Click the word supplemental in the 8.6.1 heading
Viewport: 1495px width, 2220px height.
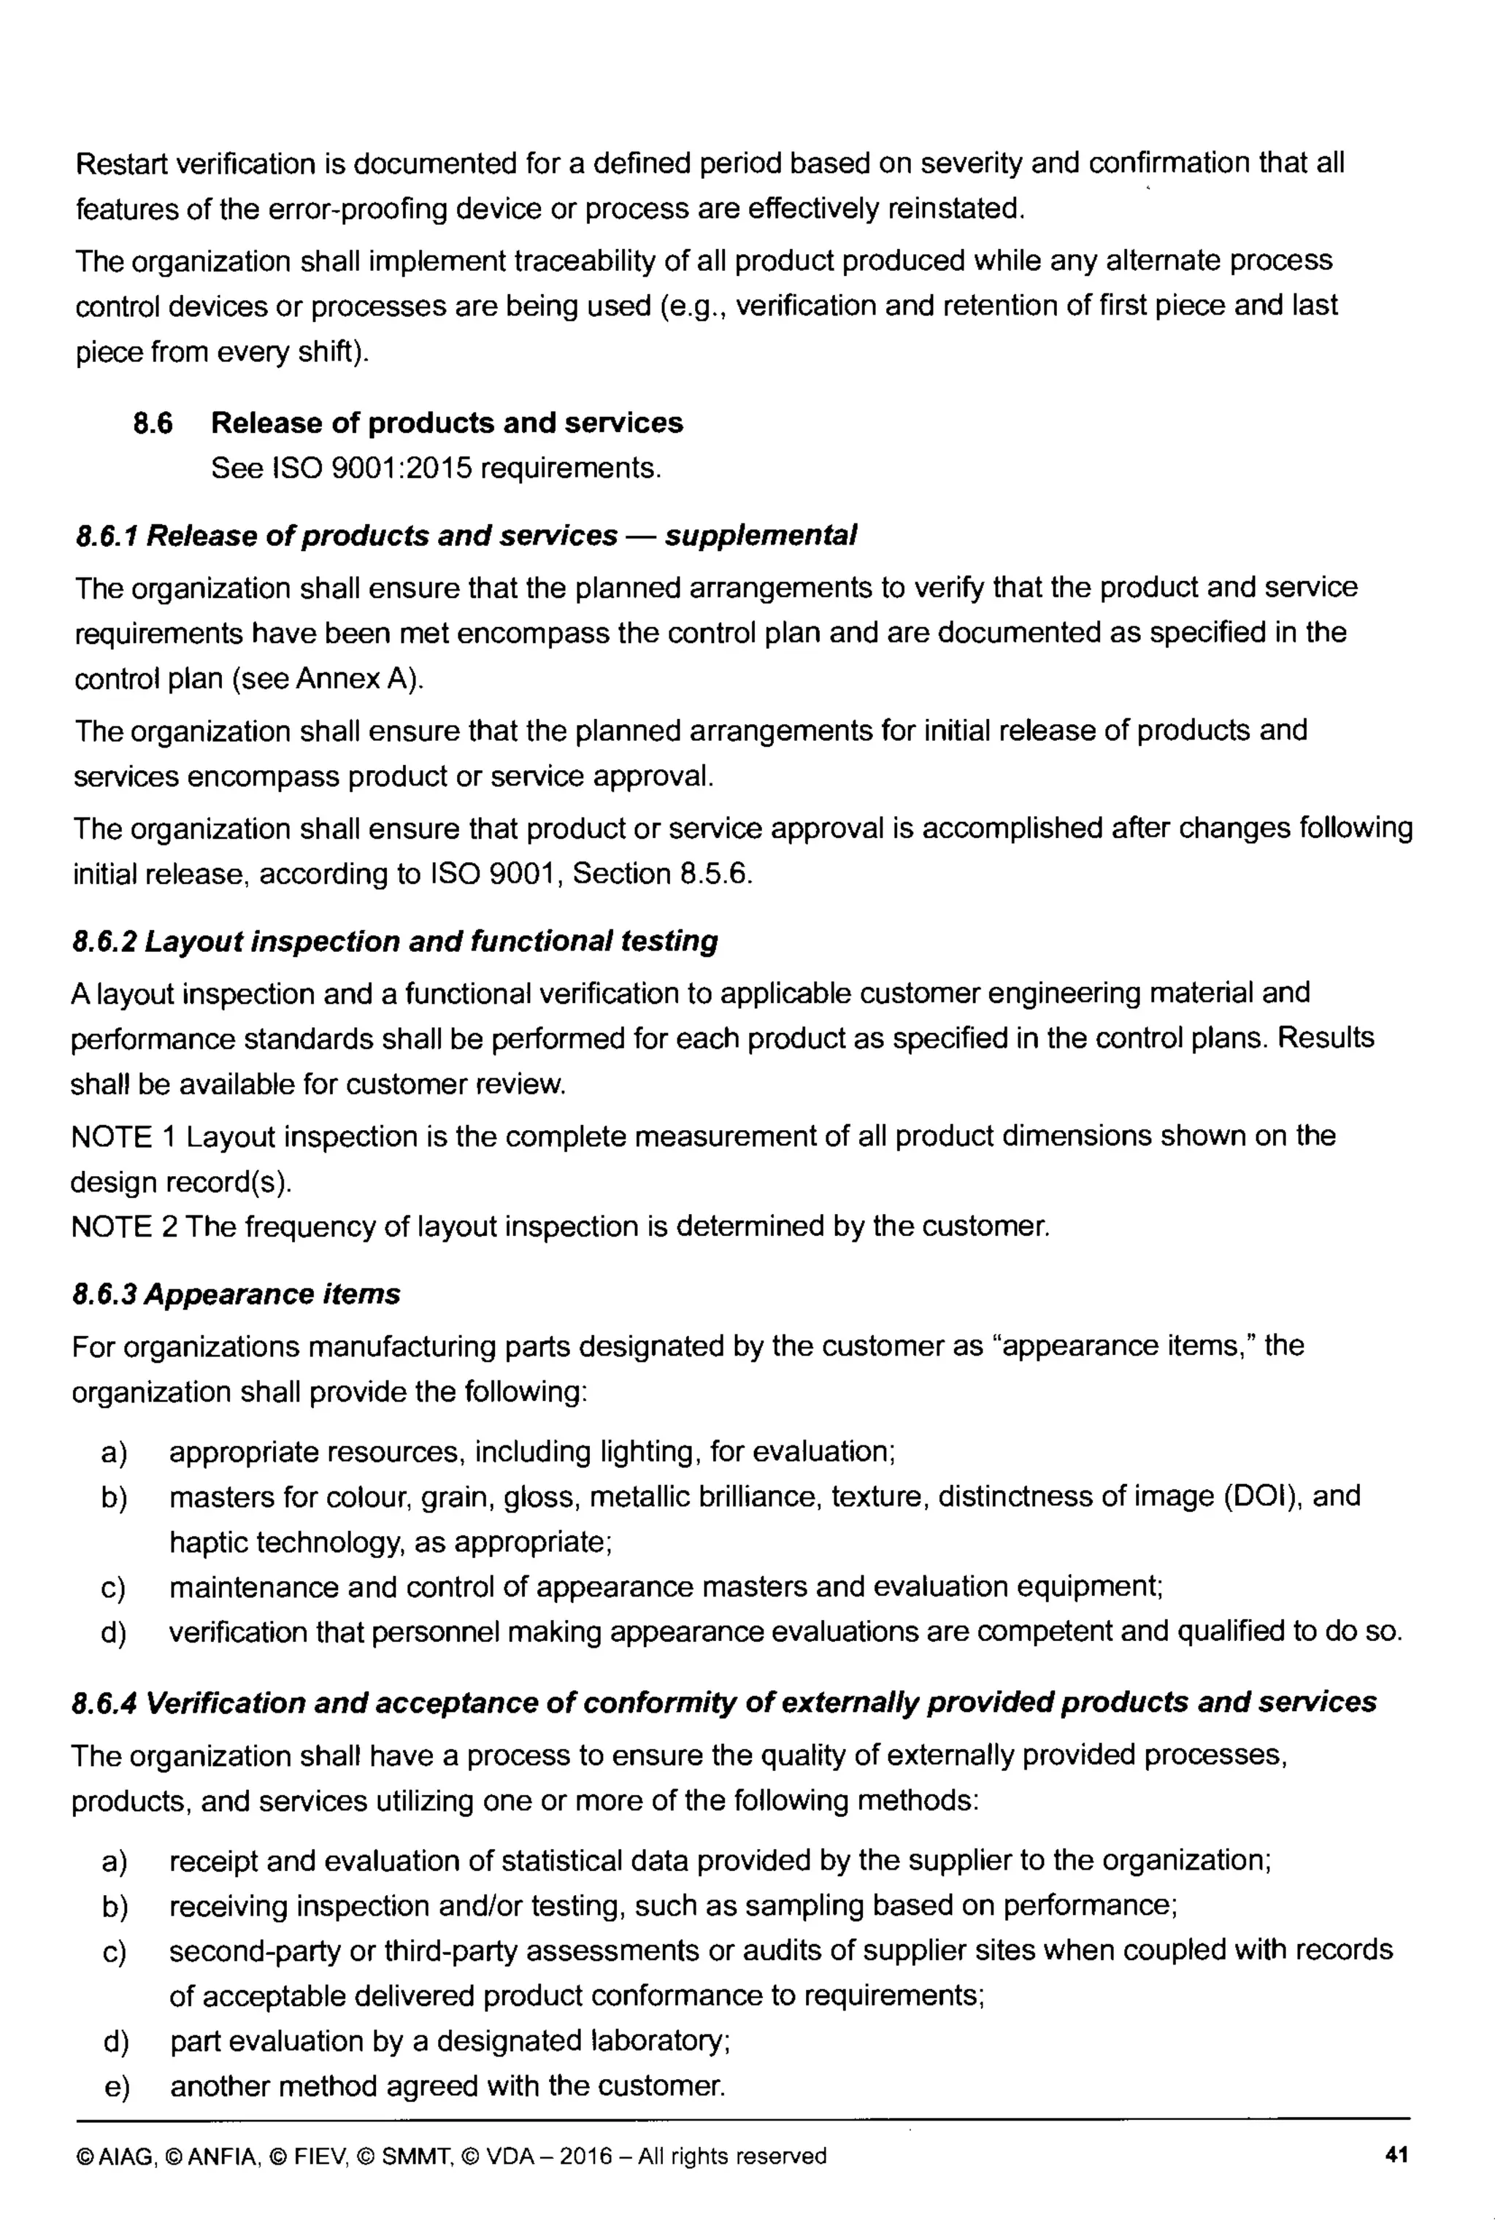coord(760,536)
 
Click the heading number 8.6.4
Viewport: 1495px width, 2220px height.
coord(105,1702)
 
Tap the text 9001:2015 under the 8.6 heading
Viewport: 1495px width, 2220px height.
coord(404,469)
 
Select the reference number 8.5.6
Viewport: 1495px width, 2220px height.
coord(715,874)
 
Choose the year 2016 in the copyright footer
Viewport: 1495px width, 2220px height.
coord(585,2157)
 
